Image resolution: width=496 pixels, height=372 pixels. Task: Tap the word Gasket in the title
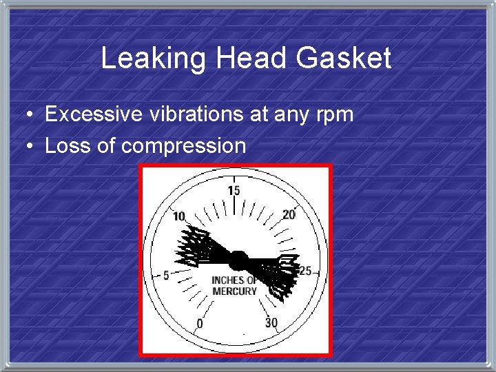(344, 59)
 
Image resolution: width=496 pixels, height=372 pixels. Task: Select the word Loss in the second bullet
(64, 145)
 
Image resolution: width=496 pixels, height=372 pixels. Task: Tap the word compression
(183, 147)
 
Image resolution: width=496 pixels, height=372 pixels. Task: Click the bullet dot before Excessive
(23, 114)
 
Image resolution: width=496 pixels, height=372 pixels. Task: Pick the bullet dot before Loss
(23, 146)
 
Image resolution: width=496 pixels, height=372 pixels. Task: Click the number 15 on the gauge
(234, 191)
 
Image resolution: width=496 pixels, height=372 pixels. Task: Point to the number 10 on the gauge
(179, 216)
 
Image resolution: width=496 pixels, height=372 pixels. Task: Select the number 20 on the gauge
(289, 215)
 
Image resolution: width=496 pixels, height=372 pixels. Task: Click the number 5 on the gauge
(166, 276)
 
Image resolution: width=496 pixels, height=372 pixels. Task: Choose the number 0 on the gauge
(200, 323)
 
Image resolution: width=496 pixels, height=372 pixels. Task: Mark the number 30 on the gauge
(271, 322)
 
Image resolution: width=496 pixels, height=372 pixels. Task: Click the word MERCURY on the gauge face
(234, 291)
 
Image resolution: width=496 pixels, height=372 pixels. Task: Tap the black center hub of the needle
(238, 260)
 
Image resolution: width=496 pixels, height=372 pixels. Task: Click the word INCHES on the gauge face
(227, 280)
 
